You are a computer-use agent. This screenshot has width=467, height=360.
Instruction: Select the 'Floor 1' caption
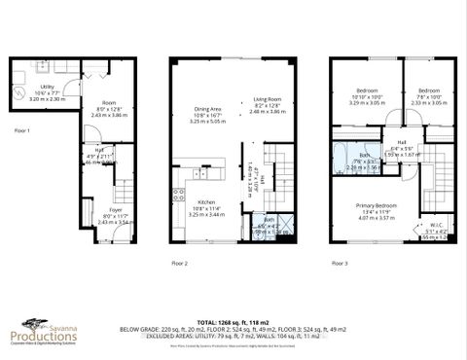(x=21, y=129)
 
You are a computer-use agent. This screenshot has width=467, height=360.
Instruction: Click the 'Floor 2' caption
(x=179, y=264)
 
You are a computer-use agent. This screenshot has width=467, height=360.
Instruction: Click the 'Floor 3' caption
(x=338, y=264)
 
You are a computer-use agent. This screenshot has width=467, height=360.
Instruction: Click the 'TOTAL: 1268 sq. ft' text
(x=227, y=321)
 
